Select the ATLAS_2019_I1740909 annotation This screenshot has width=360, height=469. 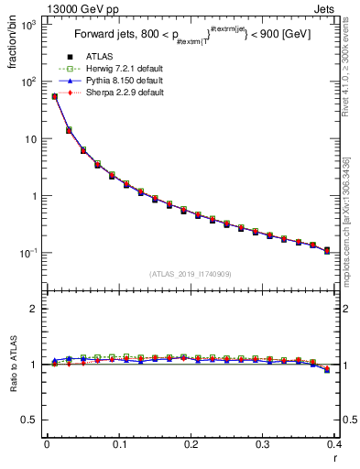click(191, 274)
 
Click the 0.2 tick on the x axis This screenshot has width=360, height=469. click(191, 444)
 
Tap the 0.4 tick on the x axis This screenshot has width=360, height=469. click(334, 444)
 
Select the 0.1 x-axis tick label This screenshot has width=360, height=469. click(118, 444)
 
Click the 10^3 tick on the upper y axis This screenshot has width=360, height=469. click(29, 25)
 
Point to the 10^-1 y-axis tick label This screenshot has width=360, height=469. click(29, 253)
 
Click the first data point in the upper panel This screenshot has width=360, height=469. click(54, 96)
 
